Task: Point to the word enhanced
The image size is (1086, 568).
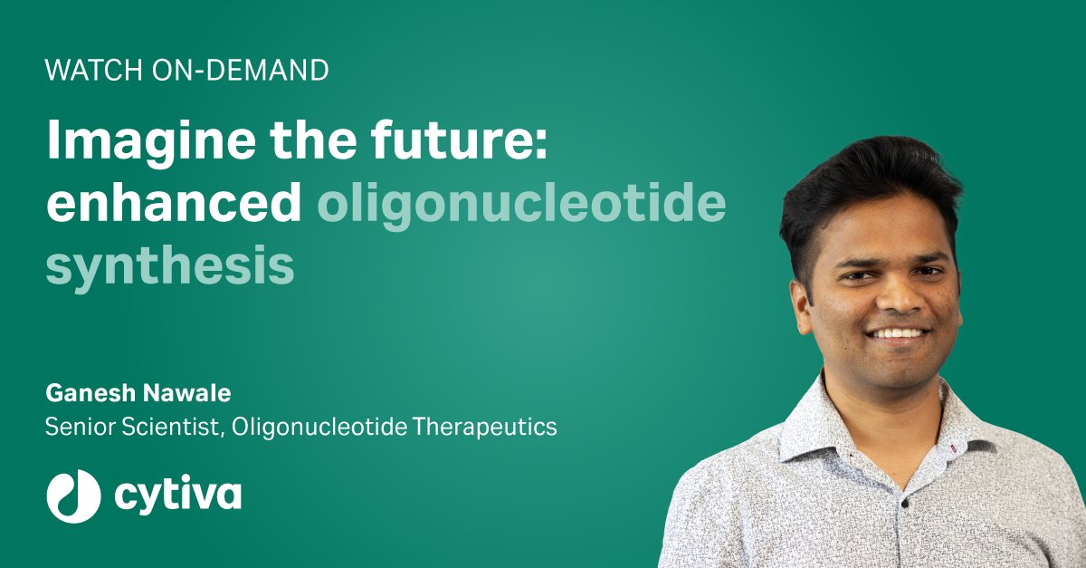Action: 173,206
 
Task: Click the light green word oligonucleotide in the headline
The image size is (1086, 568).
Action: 520,206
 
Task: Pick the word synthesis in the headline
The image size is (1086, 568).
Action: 170,266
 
